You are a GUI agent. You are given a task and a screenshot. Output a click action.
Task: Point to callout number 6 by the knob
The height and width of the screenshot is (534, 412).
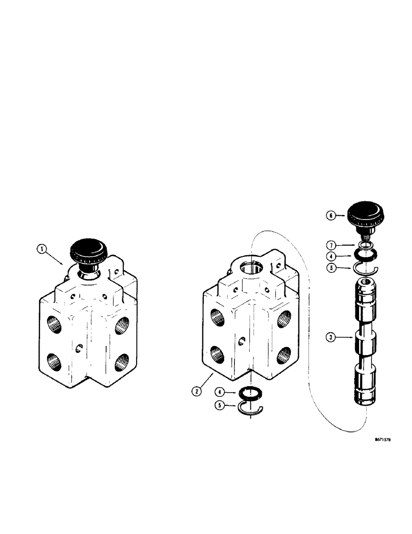[x=331, y=215]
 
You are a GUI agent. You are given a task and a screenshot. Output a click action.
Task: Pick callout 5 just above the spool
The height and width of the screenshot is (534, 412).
[x=331, y=269]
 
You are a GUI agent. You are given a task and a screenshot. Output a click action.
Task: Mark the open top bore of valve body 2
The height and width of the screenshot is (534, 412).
[x=250, y=267]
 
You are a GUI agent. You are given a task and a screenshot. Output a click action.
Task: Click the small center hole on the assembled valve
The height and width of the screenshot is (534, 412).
[x=80, y=348]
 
